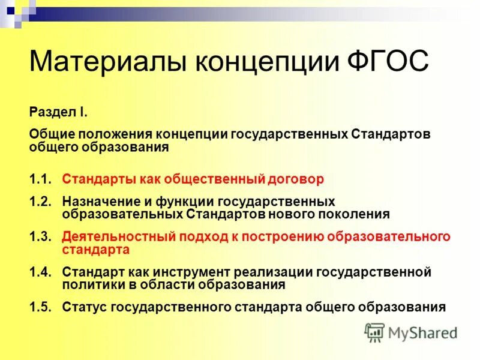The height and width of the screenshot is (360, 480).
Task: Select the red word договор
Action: point(295,179)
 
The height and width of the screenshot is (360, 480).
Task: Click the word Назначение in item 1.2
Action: point(99,201)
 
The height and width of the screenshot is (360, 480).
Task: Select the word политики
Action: point(89,284)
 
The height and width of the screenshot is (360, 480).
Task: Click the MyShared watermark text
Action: point(423,332)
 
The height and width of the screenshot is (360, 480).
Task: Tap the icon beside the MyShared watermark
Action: point(374,332)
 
